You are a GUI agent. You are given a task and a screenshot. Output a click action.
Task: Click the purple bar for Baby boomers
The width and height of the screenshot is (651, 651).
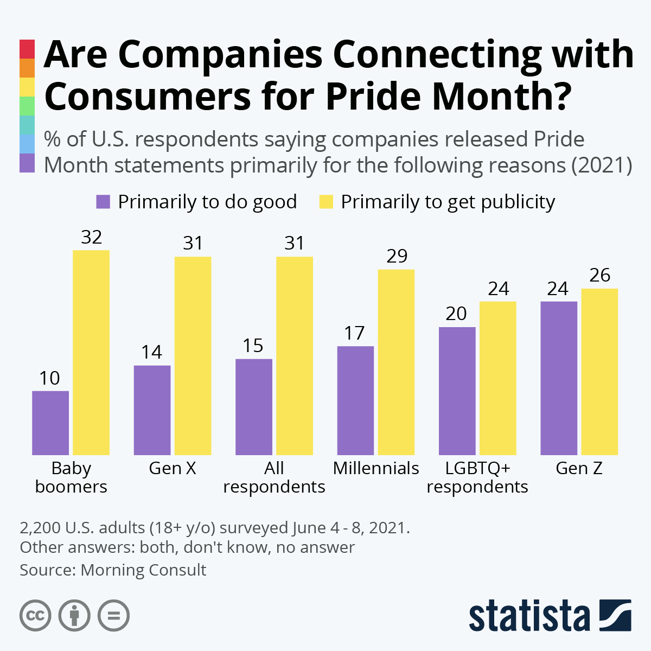tap(50, 423)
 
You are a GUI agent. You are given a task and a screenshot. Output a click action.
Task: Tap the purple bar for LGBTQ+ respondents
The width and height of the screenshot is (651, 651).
tap(457, 391)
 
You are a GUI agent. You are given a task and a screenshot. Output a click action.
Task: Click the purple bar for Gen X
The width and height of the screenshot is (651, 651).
tap(152, 410)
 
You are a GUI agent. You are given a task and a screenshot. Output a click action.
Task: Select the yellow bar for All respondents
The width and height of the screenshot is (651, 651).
tap(295, 356)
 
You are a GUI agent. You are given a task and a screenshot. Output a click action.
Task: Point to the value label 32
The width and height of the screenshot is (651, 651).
tap(91, 238)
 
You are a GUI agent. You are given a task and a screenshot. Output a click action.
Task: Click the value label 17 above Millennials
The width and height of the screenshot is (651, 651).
tap(355, 333)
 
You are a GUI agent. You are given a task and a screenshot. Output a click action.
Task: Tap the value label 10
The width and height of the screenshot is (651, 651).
tap(50, 378)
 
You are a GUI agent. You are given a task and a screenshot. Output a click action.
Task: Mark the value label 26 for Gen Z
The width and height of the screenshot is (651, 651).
tap(599, 276)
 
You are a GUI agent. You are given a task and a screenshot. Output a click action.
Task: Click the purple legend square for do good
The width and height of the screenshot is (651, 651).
tap(103, 202)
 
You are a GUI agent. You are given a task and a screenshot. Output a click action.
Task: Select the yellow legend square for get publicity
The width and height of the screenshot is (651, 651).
tap(325, 202)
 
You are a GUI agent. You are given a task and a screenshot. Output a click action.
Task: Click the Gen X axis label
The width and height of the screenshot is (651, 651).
tap(173, 468)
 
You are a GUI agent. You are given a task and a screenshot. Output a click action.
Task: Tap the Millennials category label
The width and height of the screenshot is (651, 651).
tap(376, 468)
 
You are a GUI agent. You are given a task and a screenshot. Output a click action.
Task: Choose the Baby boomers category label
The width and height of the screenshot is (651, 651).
tap(71, 477)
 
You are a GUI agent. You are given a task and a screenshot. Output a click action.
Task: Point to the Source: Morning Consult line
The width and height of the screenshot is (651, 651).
tap(113, 570)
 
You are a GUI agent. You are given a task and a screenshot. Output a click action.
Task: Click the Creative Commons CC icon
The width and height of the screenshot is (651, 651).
tap(35, 616)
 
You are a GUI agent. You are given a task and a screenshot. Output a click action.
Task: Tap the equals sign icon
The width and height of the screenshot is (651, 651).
tap(113, 616)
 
